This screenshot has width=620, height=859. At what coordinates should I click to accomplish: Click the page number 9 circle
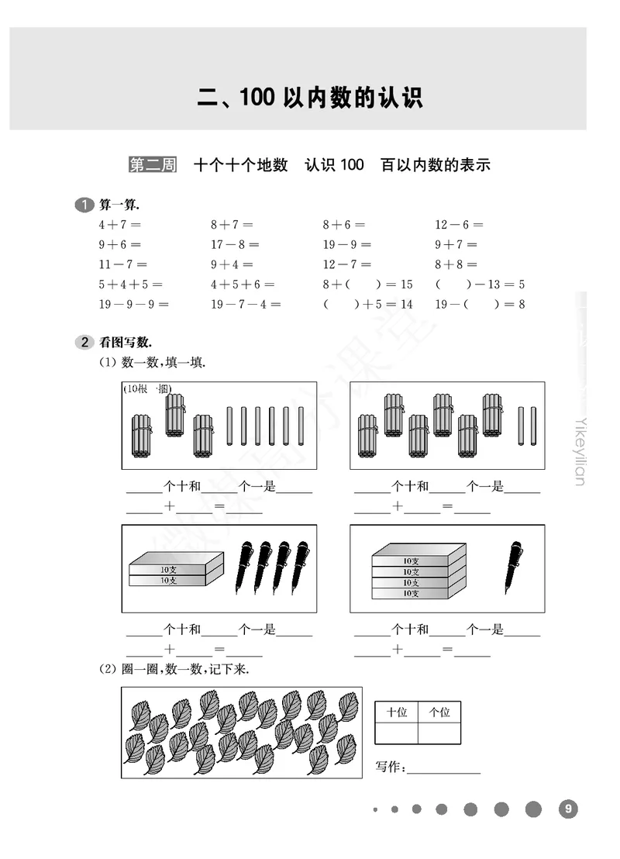pos(568,809)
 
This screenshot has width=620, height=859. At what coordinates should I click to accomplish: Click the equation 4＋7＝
pos(119,225)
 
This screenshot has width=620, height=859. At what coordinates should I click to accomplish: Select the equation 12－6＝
pos(459,225)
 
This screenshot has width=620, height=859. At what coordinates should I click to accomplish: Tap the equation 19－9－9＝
pos(133,305)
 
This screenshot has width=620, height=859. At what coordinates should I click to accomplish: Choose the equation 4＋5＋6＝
pos(243,285)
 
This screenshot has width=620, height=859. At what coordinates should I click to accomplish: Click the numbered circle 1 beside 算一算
pos(84,205)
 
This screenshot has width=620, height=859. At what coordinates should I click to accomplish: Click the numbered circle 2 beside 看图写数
pos(84,342)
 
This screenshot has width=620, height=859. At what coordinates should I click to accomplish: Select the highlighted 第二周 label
pos(152,165)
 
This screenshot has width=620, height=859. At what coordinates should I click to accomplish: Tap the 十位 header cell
pos(397,712)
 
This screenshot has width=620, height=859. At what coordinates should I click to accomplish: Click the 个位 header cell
pos(439,712)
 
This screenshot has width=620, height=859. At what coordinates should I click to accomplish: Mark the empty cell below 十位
pos(397,733)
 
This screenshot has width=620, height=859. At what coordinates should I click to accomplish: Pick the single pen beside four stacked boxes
pos(514,567)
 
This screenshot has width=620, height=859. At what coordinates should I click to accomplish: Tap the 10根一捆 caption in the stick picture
pos(147,389)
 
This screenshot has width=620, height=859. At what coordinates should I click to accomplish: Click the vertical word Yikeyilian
pos(580,450)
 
